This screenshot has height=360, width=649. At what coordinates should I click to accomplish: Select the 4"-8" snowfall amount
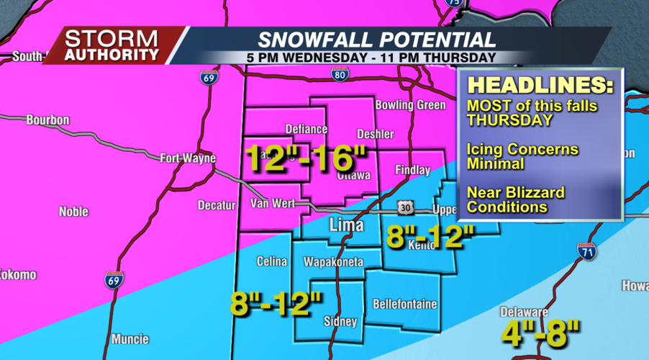pyautogui.click(x=541, y=333)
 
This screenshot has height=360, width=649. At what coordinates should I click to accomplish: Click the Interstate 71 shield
pyautogui.click(x=586, y=252)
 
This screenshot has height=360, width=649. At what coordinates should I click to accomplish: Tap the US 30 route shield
pyautogui.click(x=405, y=207)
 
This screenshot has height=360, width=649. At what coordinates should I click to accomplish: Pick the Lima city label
pyautogui.click(x=345, y=226)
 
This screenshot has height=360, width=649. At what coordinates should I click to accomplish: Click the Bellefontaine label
pyautogui.click(x=404, y=304)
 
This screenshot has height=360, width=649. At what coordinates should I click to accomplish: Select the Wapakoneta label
pyautogui.click(x=332, y=261)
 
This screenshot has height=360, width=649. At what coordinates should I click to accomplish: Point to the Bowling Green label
pyautogui.click(x=410, y=105)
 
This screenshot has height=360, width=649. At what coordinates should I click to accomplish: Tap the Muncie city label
pyautogui.click(x=130, y=338)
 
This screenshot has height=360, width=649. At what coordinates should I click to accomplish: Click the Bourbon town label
pyautogui.click(x=47, y=120)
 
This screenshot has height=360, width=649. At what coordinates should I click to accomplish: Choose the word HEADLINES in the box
pyautogui.click(x=540, y=84)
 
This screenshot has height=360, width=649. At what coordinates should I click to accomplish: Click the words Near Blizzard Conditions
pyautogui.click(x=515, y=200)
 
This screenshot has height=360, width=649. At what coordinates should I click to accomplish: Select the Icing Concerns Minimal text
pyautogui.click(x=522, y=156)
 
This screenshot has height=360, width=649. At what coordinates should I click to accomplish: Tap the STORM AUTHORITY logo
pyautogui.click(x=112, y=45)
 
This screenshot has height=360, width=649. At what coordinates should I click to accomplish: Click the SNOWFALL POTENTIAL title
pyautogui.click(x=376, y=40)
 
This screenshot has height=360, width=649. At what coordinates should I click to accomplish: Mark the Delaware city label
pyautogui.click(x=525, y=312)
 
